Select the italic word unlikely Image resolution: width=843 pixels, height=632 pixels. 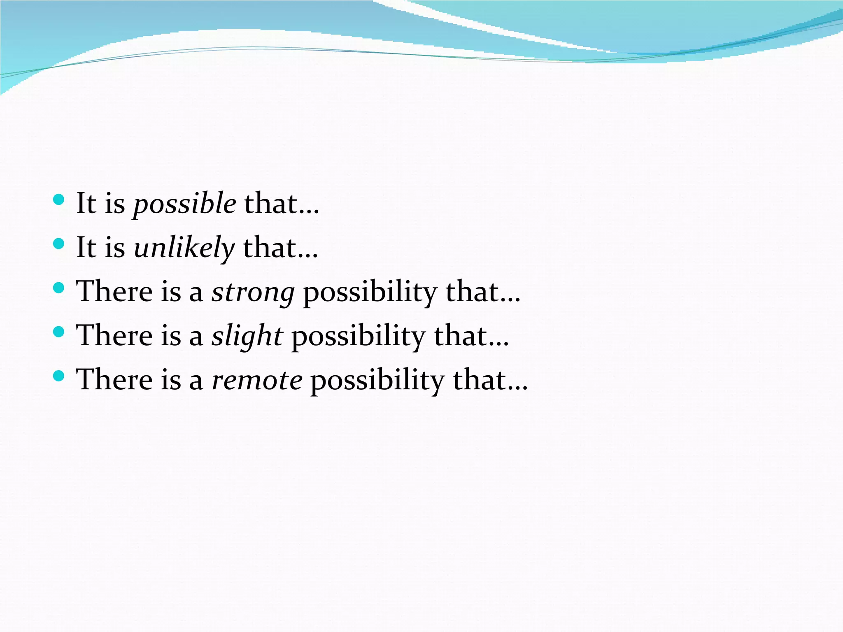[184, 248]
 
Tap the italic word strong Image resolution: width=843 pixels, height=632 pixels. [253, 292]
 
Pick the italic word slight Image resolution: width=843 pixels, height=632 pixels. [247, 336]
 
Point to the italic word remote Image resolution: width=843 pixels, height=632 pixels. [257, 380]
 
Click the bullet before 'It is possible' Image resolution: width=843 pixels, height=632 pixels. [59, 200]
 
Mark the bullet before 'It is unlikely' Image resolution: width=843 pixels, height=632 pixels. [59, 244]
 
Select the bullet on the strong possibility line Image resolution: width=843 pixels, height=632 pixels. [59, 288]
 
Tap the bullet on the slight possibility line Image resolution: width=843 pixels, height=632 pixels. [59, 332]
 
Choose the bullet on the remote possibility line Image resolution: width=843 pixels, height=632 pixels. [59, 376]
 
